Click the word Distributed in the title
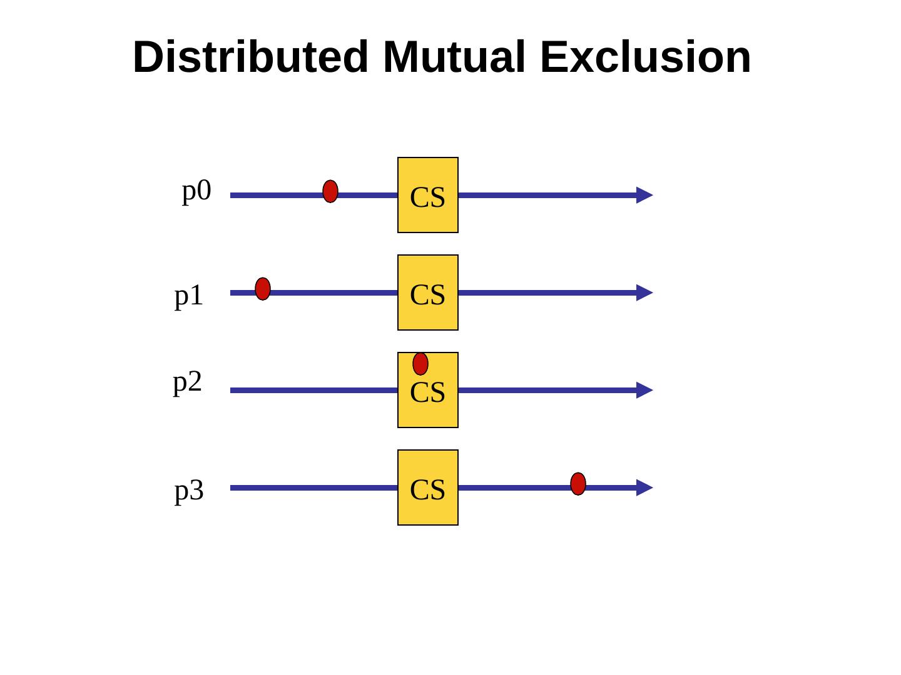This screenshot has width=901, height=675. (250, 57)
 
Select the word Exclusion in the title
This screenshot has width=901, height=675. (645, 57)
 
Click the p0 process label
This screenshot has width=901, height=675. (196, 191)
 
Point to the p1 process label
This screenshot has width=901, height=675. (189, 296)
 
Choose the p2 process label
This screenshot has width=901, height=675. (188, 382)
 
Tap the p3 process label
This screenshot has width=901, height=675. (189, 491)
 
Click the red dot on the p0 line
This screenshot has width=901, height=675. (330, 191)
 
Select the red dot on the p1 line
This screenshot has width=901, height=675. (263, 289)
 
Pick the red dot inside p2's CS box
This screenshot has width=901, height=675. (420, 364)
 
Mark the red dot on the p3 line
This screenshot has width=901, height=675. (578, 484)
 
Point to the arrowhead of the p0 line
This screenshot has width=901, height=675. (644, 195)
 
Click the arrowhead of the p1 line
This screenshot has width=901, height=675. (644, 292)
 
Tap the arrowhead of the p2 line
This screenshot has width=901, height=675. (644, 390)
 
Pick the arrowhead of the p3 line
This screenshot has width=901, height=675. (644, 487)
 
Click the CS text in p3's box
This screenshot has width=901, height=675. (428, 490)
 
